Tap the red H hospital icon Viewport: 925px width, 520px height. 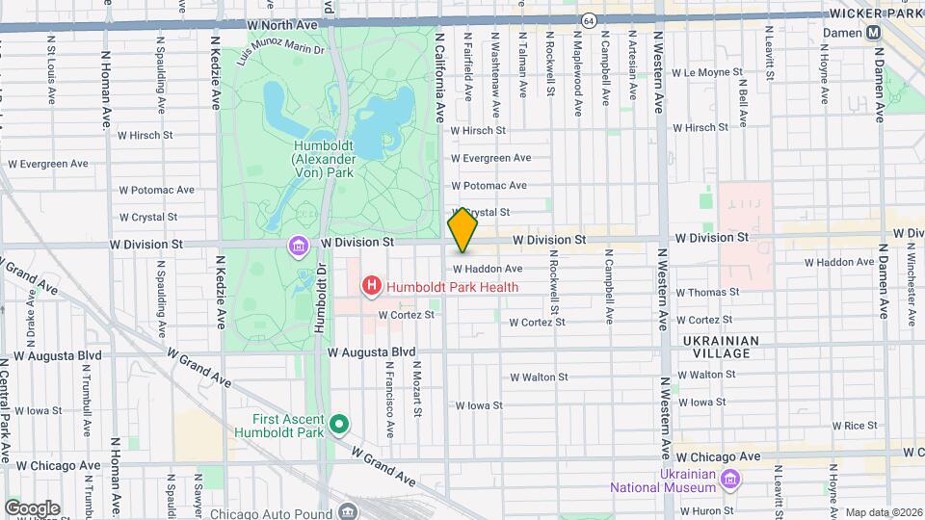coord(370,286)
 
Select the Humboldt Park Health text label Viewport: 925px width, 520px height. coord(451,286)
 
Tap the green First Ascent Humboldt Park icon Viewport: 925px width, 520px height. coord(338,424)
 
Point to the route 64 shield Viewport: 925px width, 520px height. coord(588,19)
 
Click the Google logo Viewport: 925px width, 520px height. coord(32,507)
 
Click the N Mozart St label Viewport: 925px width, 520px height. coord(416,389)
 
